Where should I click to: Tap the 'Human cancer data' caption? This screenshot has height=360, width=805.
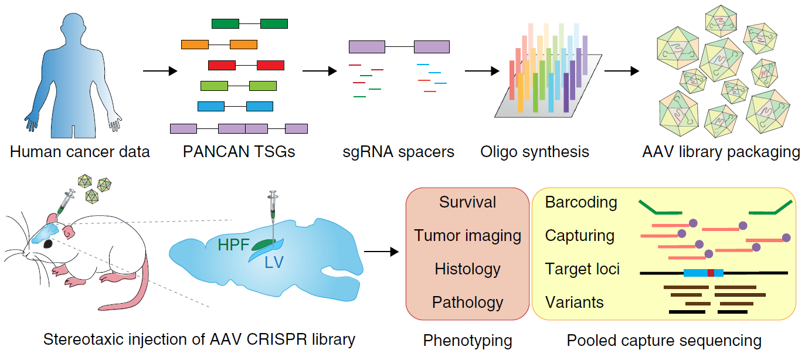pos(80,152)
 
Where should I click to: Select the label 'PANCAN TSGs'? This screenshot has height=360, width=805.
pos(239,152)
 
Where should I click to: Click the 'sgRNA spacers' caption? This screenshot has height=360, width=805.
pos(398,152)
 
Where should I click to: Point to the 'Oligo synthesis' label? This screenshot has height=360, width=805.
pos(535,152)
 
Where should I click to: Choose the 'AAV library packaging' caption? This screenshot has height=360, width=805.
pos(721,152)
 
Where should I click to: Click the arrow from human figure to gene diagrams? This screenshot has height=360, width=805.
pos(159,71)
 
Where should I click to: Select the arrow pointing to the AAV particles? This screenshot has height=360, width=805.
pos(621,71)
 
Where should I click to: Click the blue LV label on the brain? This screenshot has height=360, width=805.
pos(274,262)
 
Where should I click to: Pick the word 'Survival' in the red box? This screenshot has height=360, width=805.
pos(467,202)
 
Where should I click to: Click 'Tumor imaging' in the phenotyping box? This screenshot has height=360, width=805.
pos(467,236)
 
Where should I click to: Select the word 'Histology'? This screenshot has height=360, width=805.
pos(467,269)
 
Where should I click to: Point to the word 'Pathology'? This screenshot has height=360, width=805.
pos(467,303)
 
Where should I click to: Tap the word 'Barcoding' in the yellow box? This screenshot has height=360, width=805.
pos(581,202)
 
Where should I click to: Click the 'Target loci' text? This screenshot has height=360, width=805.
pos(582,269)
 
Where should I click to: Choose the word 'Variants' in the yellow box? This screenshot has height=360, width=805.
pos(574,303)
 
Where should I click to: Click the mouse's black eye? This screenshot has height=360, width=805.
pos(46,243)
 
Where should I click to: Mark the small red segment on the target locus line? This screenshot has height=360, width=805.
pos(711,273)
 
